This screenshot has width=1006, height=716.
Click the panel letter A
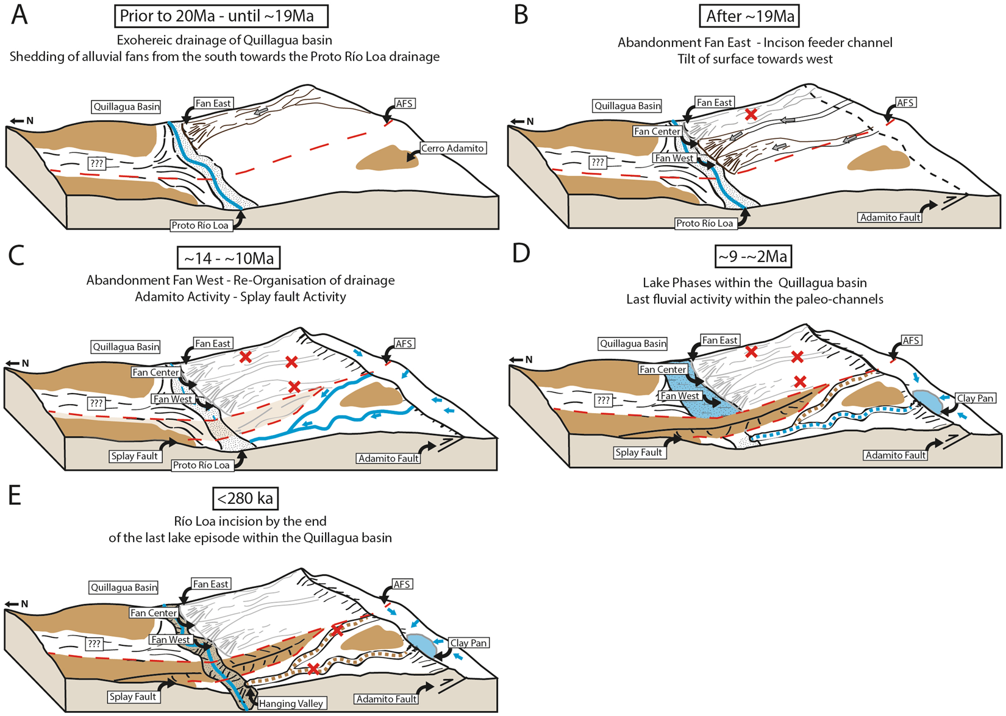20,15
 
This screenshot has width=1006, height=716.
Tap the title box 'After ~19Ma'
749,16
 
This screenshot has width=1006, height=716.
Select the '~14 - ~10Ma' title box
229,258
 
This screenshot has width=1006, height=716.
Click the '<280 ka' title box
245,498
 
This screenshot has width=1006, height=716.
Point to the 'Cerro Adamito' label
452,148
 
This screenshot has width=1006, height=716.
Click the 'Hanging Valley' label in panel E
291,703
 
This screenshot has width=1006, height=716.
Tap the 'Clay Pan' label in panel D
975,398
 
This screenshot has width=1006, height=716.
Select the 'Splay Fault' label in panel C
134,456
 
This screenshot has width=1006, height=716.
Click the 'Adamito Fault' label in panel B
890,217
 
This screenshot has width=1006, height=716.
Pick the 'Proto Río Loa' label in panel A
200,225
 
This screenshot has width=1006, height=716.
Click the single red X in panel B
751,114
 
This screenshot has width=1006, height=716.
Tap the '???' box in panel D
603,400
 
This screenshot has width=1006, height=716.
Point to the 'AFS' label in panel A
405,104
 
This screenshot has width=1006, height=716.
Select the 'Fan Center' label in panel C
155,372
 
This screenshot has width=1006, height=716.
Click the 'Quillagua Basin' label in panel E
124,587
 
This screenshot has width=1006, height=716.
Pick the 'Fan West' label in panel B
674,158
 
